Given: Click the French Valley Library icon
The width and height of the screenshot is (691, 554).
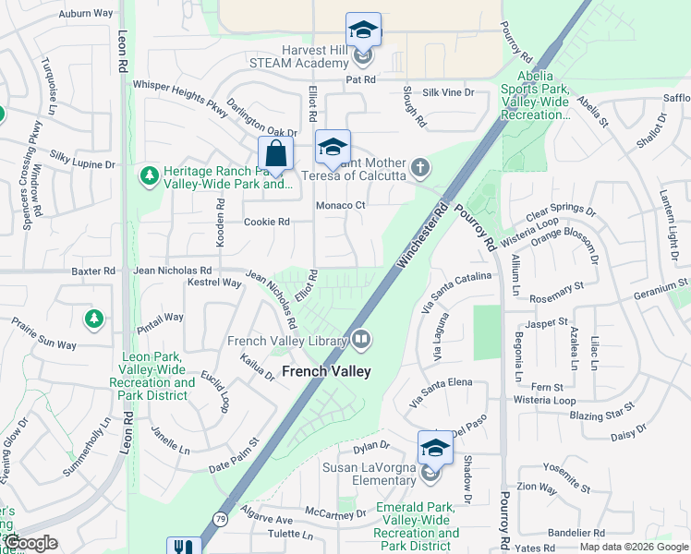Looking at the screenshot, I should [361, 341].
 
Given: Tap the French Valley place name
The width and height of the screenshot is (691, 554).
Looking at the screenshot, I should [325, 371].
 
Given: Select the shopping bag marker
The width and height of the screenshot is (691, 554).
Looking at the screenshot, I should [275, 152].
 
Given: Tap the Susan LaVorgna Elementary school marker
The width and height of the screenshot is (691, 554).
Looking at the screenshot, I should [435, 449].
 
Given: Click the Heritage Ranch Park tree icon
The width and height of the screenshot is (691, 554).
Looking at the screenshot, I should [149, 175].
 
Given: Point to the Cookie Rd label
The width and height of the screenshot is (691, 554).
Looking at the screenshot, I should [267, 222].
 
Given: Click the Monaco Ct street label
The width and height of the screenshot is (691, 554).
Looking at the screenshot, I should [341, 205].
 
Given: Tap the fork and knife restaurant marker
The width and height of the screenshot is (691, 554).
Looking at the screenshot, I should [183, 548].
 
